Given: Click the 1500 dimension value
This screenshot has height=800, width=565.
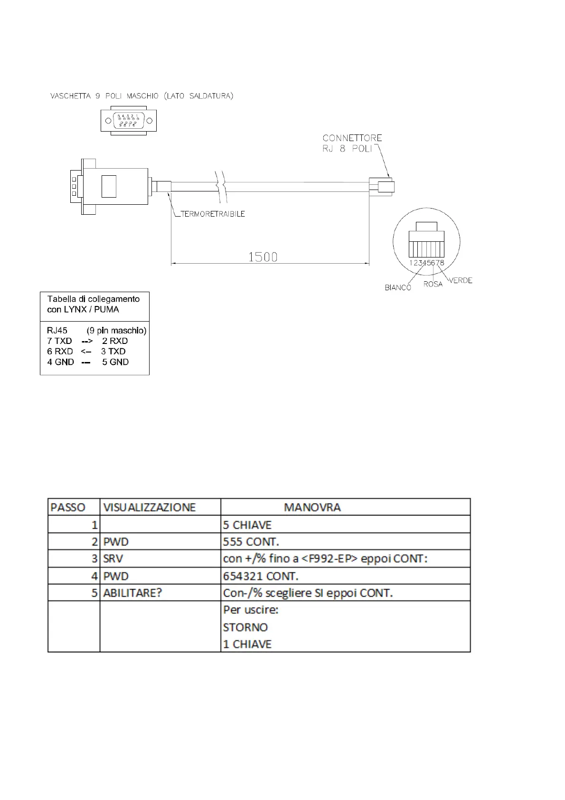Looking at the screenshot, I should tap(263, 257).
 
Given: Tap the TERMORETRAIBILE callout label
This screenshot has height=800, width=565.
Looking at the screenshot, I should tap(213, 214).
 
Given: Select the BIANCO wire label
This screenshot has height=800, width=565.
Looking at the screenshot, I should tap(398, 287).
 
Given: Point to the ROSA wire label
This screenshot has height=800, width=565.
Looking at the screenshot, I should tap(433, 284).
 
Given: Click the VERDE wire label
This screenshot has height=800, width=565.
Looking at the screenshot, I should tap(461, 280).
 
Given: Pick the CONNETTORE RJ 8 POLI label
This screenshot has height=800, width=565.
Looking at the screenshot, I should tap(352, 143).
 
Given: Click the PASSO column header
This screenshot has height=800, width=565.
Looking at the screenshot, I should tap(68, 507).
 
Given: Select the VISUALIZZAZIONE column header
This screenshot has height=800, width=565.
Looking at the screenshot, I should tap(149, 507).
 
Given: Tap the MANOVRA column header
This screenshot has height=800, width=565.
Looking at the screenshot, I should tap(312, 507).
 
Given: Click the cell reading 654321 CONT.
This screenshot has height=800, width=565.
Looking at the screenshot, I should tap(261, 576).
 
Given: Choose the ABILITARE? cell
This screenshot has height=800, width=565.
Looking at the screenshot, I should tap(132, 593).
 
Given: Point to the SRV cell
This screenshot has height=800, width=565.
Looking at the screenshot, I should tap(113, 559).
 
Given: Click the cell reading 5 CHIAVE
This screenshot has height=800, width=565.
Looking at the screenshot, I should tap(247, 525).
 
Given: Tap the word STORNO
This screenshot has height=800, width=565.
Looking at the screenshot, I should tap(245, 627).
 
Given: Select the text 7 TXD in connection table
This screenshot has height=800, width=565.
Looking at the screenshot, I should tap(59, 341).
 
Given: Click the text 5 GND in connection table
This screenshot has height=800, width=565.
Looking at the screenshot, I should tap(115, 362).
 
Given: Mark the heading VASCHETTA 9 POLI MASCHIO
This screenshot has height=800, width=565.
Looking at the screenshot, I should tap(141, 96).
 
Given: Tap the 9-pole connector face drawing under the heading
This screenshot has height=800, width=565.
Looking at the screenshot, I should tap(129, 121).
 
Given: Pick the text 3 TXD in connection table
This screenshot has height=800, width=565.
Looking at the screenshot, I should tap(113, 352).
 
